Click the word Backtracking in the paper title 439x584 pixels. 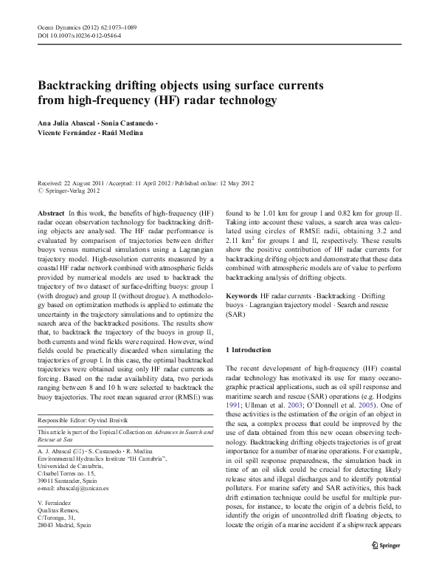tap(75, 84)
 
